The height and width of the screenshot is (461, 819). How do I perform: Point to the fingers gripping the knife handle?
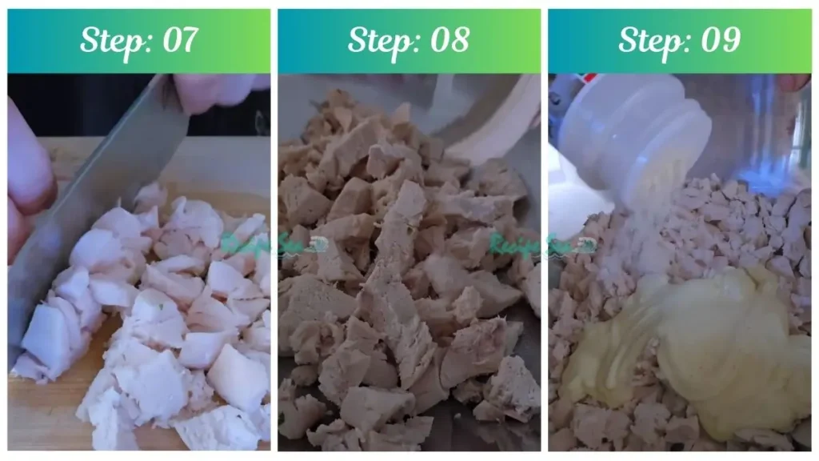click(216, 90)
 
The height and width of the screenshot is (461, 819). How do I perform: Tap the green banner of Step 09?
click(584, 40)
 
